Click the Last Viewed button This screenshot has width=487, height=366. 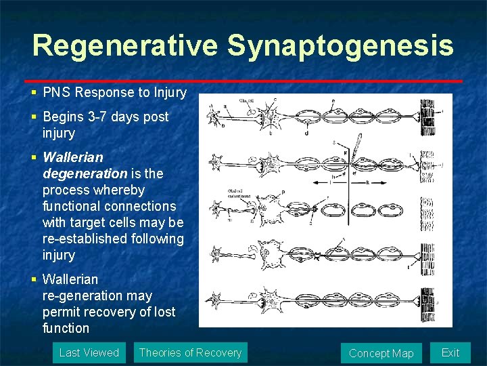click(x=89, y=352)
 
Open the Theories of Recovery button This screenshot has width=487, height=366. click(x=190, y=352)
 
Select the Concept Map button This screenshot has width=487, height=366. click(x=381, y=353)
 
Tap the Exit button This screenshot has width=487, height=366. click(x=450, y=352)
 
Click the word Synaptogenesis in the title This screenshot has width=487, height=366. click(x=340, y=45)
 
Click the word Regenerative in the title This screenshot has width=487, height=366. click(x=125, y=45)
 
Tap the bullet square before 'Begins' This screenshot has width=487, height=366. click(x=34, y=117)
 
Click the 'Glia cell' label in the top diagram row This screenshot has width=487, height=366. click(x=247, y=100)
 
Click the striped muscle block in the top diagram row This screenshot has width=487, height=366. click(x=427, y=113)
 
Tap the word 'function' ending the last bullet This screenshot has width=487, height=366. click(x=66, y=328)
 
